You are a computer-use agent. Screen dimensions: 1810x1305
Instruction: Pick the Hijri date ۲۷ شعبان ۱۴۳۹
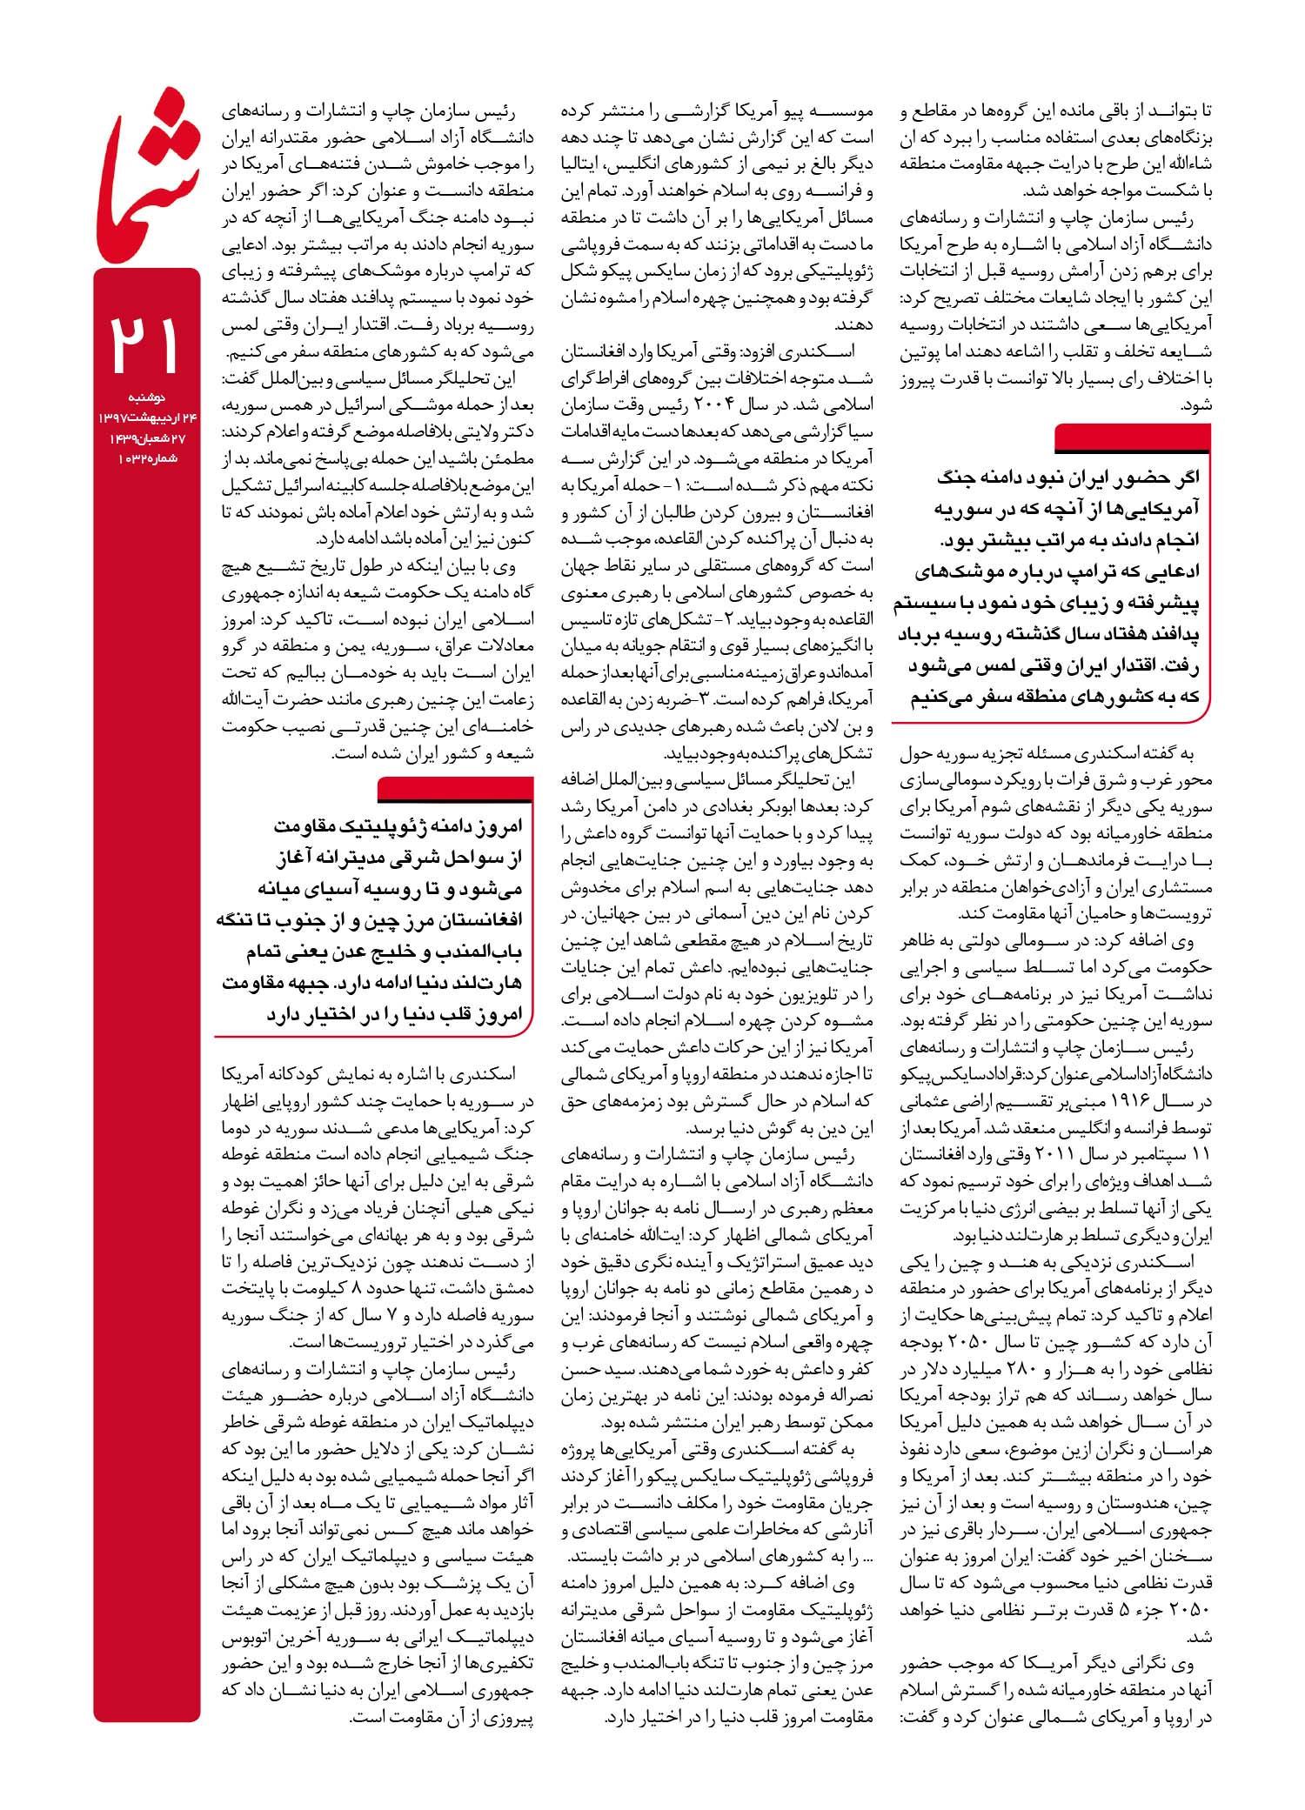click(144, 438)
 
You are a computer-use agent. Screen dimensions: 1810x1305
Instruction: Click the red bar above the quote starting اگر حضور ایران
click(1131, 437)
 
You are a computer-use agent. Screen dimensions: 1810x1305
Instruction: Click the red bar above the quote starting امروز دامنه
click(456, 789)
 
